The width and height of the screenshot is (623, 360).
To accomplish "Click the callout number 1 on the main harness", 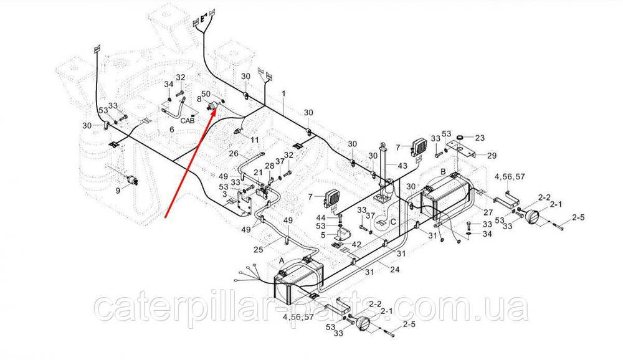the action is point(283,94).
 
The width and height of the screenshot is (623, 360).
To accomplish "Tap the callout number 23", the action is point(480,138).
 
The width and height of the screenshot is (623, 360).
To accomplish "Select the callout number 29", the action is point(492,155).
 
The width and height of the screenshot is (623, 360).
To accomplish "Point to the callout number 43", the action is point(402,165).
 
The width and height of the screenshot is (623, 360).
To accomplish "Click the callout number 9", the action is point(118,191).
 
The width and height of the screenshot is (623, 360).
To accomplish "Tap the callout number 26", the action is point(234,153).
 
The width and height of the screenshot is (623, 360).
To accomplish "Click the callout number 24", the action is point(394,270).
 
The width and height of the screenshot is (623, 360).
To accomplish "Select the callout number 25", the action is point(259,250).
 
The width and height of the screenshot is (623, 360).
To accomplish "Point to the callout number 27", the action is point(488,212).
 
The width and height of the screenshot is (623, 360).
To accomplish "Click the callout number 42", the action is point(356,245).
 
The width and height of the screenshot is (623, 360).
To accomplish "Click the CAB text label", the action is point(188,120).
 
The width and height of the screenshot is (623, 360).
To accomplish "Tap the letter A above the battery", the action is point(282,260).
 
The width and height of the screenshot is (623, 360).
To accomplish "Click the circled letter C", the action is point(393,222).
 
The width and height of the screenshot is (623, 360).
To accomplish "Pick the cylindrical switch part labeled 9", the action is point(132,181).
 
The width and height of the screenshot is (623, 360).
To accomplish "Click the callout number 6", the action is point(172,130).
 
